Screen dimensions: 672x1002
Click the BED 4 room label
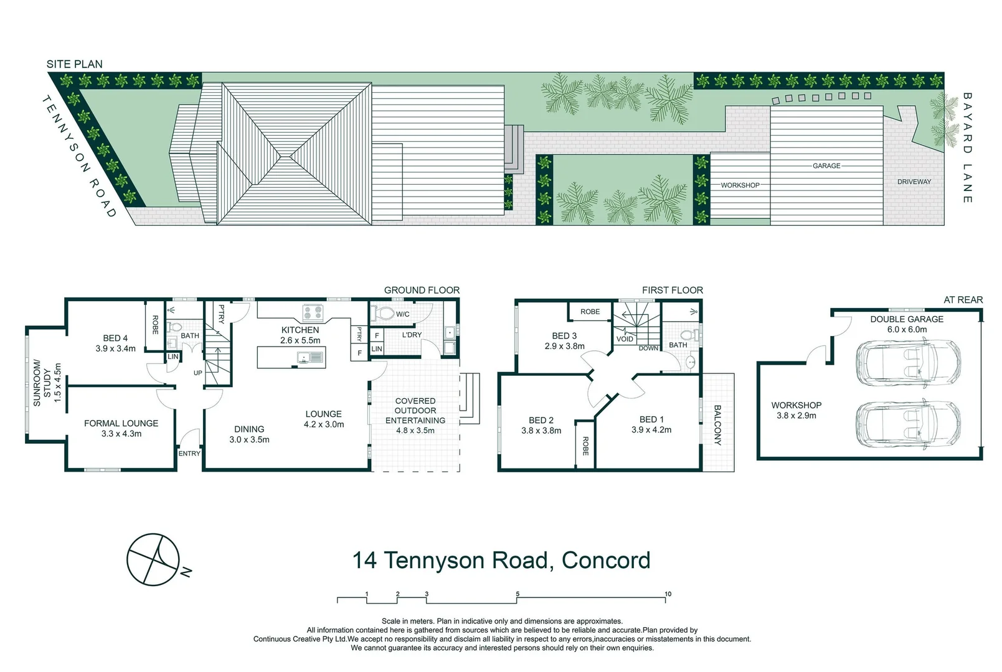tap(116, 338)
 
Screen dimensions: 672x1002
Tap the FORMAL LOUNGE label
tap(121, 423)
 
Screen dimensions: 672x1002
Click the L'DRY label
tap(412, 335)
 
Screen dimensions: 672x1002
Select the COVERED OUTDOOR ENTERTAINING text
tap(415, 411)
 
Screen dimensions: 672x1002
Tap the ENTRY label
tap(189, 454)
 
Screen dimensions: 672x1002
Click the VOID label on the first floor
tap(625, 339)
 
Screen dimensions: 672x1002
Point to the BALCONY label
tap(717, 425)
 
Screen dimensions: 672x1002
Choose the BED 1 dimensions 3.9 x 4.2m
tap(651, 430)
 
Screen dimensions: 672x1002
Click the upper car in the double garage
tap(909, 362)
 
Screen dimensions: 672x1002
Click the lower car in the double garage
tap(909, 424)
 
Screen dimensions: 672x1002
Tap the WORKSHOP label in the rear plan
tap(796, 405)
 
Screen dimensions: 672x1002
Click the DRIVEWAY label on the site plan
tap(914, 182)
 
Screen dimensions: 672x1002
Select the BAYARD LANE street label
tap(967, 148)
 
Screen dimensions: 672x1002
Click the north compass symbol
tap(154, 559)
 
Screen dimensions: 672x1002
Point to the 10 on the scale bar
tap(668, 594)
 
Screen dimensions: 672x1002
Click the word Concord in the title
tap(605, 560)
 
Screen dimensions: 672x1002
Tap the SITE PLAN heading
tap(74, 64)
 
